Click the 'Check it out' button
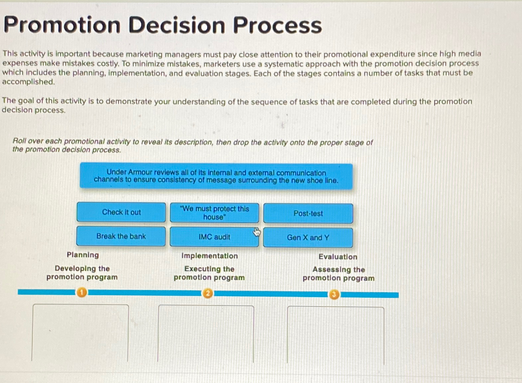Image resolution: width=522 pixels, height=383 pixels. click(121, 212)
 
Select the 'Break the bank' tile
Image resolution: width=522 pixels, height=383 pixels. click(121, 236)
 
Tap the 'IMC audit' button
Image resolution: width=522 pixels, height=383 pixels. click(214, 237)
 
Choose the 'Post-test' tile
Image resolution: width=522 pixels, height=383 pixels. click(308, 213)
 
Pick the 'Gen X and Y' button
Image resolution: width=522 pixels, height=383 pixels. click(308, 238)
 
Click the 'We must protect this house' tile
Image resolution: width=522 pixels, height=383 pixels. click(214, 213)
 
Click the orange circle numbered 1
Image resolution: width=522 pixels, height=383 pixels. click(82, 292)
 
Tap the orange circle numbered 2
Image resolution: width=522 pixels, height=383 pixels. click(208, 293)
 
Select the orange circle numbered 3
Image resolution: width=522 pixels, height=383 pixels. click(334, 294)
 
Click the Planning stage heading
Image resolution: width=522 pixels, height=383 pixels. click(83, 255)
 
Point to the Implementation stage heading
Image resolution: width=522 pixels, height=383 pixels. click(209, 256)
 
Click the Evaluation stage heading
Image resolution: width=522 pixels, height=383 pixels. click(338, 257)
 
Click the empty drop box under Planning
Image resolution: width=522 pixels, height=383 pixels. click(80, 333)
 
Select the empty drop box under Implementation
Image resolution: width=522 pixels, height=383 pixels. click(206, 334)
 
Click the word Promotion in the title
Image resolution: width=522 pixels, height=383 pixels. click(62, 25)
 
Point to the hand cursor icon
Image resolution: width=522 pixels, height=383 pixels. click(256, 232)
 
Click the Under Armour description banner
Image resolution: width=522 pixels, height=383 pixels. click(216, 176)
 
